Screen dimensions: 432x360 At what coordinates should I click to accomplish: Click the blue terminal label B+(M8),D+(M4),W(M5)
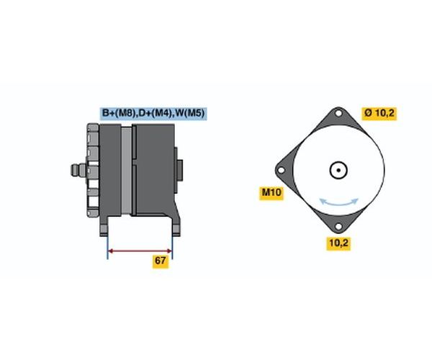tap(153, 113)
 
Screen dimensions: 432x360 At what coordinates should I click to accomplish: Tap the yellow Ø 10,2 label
tap(379, 113)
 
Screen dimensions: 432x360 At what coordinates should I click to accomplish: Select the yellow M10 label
tap(271, 192)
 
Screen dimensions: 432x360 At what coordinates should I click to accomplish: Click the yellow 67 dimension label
tap(161, 261)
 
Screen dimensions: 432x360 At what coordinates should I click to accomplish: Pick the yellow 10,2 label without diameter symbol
tap(338, 243)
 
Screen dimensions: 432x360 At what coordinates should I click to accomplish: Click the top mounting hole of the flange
tap(338, 113)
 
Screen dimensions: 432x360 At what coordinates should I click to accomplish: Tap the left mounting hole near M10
tap(281, 170)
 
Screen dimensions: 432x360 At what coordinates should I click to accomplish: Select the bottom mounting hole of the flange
tap(338, 227)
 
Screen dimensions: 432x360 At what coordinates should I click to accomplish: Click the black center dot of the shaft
tap(338, 170)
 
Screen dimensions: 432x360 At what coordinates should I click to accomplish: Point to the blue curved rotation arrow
tap(339, 204)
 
